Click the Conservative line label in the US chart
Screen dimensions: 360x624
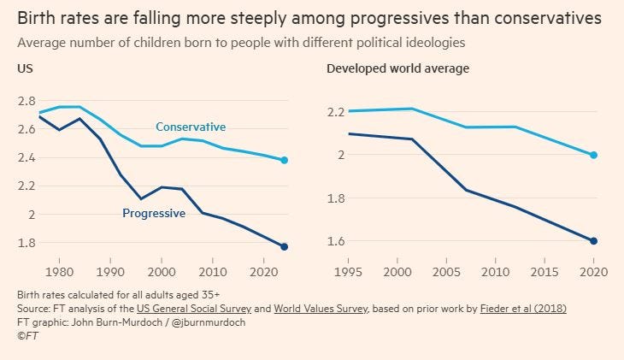click(190, 127)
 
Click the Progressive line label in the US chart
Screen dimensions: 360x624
click(154, 213)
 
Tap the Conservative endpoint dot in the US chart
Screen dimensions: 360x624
click(284, 160)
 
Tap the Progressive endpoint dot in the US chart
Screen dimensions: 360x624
click(284, 246)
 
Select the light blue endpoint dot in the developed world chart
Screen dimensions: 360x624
click(593, 155)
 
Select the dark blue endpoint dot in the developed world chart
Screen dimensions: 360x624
click(593, 241)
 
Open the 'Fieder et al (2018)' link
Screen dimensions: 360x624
click(522, 308)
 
